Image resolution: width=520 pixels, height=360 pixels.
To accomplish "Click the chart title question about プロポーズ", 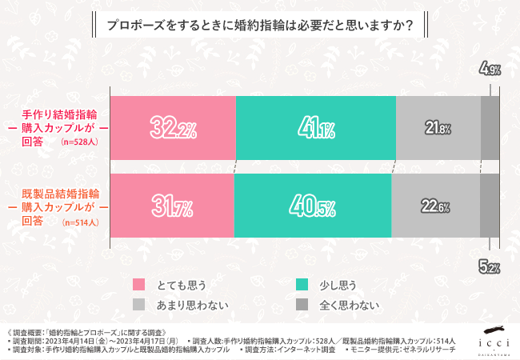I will click(259, 26).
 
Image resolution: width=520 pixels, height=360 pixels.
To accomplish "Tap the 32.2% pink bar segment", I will click(173, 127).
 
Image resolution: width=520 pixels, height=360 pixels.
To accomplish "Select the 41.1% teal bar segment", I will click(315, 127).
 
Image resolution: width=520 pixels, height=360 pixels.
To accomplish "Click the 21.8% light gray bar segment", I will click(438, 127).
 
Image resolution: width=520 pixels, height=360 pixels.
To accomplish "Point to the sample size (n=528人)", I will click(79, 142).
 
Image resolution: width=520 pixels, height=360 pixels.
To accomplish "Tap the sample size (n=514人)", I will click(79, 222).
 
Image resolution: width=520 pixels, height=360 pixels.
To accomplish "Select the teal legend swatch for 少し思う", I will click(302, 284).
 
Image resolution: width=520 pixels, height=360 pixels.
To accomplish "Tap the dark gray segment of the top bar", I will click(490, 127).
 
